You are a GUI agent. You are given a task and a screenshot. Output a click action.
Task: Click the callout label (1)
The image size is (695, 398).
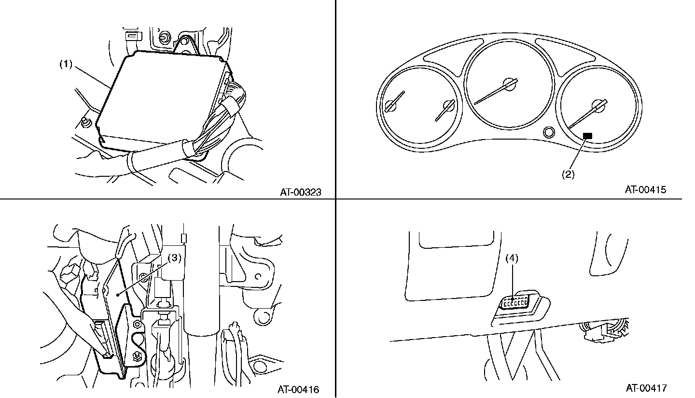pyautogui.click(x=66, y=65)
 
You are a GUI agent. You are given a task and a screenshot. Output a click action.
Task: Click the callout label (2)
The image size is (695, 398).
pyautogui.click(x=568, y=174)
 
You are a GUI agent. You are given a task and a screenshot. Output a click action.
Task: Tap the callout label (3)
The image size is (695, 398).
pyautogui.click(x=174, y=258)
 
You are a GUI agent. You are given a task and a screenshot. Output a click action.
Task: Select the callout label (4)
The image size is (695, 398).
pyautogui.click(x=512, y=258)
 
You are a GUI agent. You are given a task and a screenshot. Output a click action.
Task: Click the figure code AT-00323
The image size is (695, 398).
pyautogui.click(x=300, y=192)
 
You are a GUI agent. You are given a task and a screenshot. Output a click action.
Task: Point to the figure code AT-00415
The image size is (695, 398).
pyautogui.click(x=645, y=189)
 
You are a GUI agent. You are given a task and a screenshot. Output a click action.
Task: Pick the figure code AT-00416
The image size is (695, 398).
pyautogui.click(x=298, y=389)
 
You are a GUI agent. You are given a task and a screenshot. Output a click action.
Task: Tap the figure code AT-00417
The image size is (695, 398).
pyautogui.click(x=646, y=388)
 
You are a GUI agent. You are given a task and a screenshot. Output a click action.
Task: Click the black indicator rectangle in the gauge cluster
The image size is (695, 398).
pyautogui.click(x=587, y=136)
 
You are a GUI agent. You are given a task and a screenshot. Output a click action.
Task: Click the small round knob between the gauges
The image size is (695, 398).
pyautogui.click(x=549, y=132)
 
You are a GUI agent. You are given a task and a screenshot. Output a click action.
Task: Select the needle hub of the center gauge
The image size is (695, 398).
pyautogui.click(x=509, y=84)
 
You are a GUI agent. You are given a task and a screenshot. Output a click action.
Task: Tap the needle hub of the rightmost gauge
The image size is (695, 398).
pyautogui.click(x=598, y=106)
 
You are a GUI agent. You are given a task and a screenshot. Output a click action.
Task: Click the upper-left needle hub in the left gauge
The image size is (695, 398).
pyautogui.click(x=390, y=106)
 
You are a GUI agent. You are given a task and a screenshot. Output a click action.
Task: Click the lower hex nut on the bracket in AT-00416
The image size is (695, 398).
pyautogui.click(x=136, y=356)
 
